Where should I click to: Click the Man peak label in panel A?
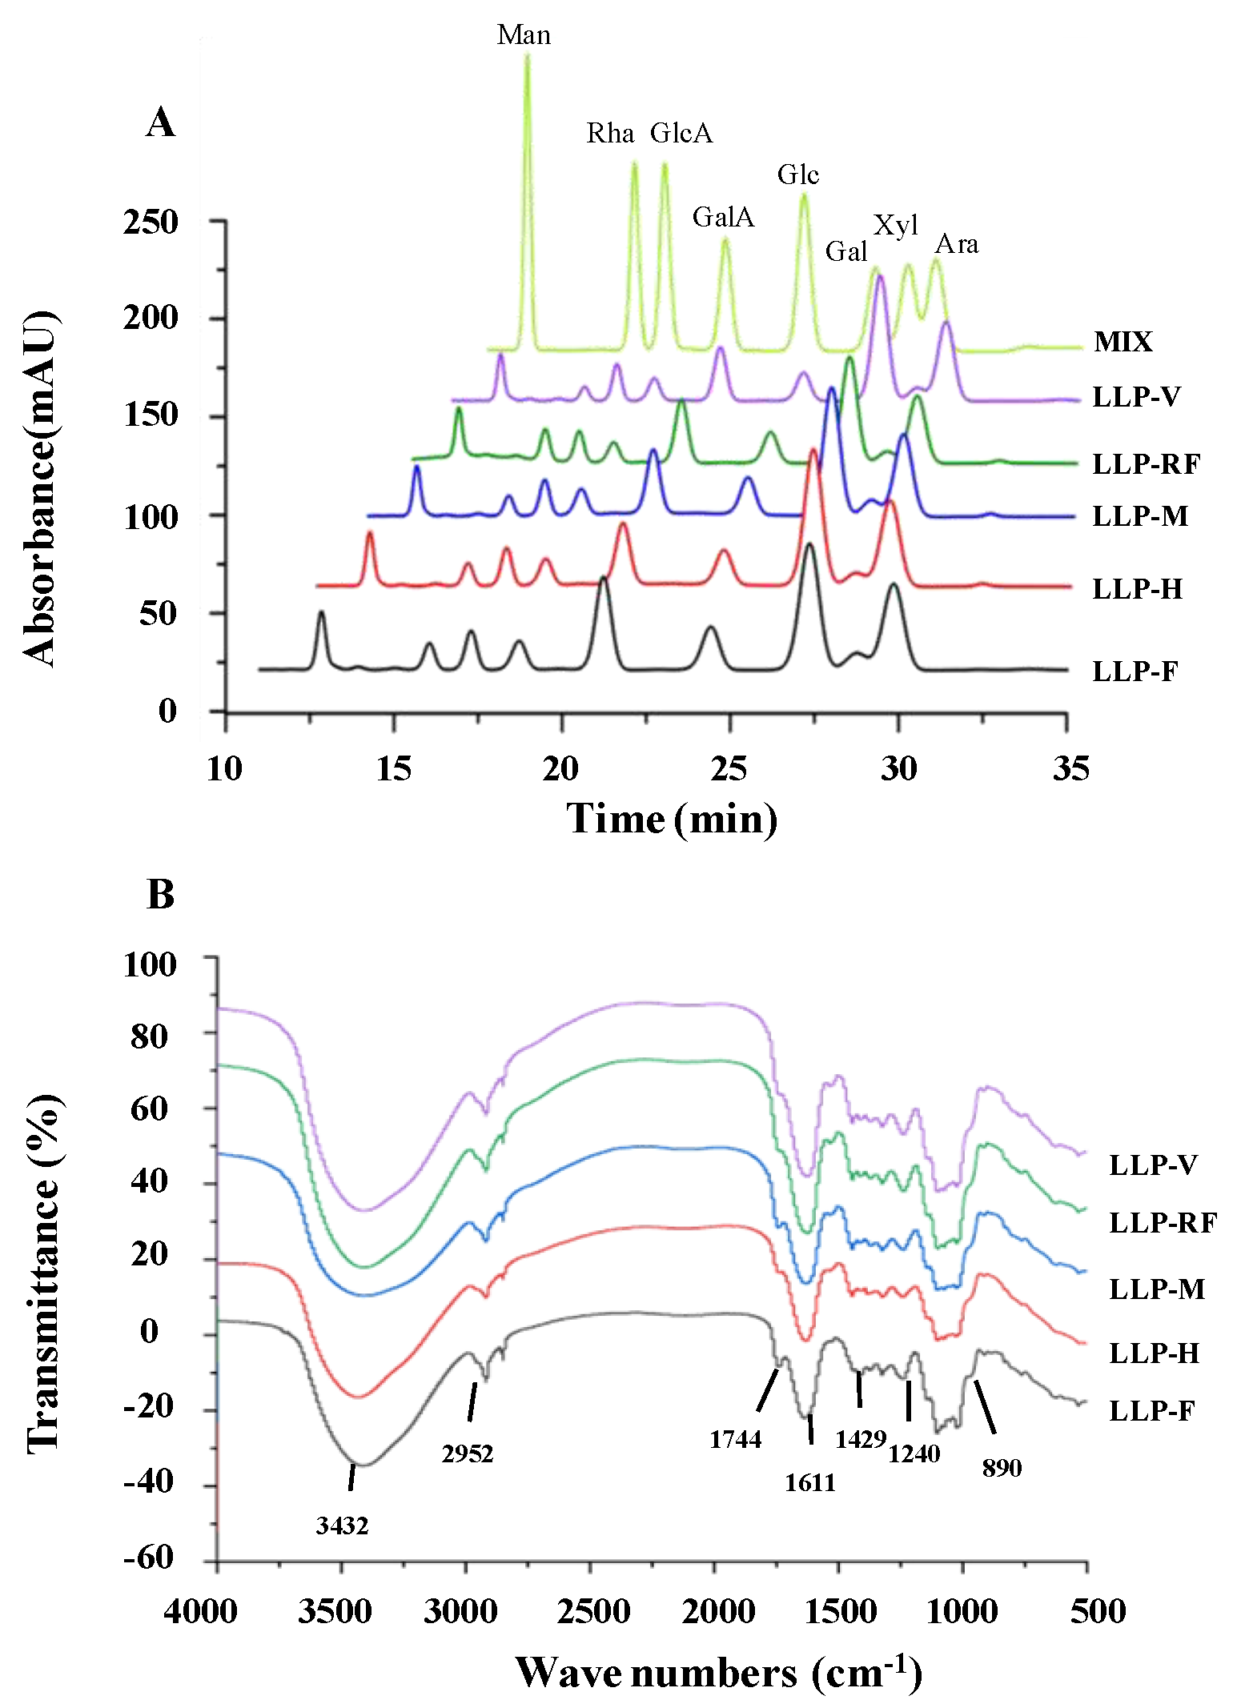[x=524, y=35]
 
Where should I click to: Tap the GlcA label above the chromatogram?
[x=681, y=133]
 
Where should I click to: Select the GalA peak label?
[x=723, y=217]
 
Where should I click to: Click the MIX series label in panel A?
[x=1123, y=342]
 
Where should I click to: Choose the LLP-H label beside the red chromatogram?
[x=1137, y=589]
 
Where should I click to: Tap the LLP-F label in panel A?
[x=1135, y=671]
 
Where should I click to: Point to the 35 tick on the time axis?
[x=1070, y=768]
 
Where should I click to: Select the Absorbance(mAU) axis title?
[x=40, y=488]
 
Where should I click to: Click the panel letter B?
[x=160, y=894]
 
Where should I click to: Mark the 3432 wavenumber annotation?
[x=342, y=1526]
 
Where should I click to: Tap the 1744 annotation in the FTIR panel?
[x=735, y=1439]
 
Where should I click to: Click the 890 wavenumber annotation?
[x=1002, y=1468]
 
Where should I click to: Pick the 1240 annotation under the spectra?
[x=914, y=1453]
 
